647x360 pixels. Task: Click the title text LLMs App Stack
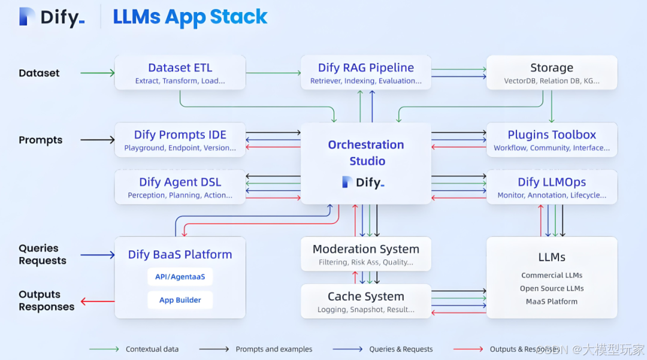click(x=190, y=17)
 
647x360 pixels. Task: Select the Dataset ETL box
click(x=180, y=72)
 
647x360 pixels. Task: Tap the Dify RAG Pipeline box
click(x=365, y=72)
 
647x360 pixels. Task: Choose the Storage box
click(x=551, y=72)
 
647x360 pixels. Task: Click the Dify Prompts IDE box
click(x=180, y=140)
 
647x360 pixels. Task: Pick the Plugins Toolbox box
click(x=551, y=140)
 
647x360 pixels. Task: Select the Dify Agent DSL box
click(x=180, y=187)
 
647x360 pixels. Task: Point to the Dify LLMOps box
click(x=551, y=187)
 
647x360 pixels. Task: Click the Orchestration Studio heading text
click(x=366, y=153)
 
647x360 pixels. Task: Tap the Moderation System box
click(x=365, y=254)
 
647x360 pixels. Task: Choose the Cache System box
click(x=365, y=301)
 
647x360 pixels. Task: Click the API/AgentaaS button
click(x=180, y=277)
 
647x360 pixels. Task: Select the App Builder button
click(x=180, y=300)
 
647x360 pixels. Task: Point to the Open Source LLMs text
click(x=552, y=289)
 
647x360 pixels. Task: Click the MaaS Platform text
click(x=552, y=301)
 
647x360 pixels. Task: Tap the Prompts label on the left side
click(x=41, y=140)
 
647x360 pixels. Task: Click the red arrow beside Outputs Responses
click(x=97, y=301)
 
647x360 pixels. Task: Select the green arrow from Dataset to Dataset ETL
click(x=97, y=73)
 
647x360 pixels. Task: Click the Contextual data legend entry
click(x=152, y=349)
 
